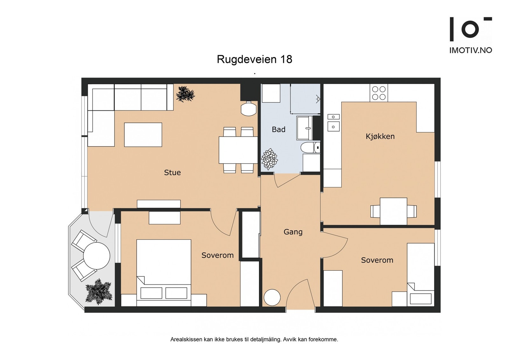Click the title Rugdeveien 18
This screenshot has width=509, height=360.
click(254, 59)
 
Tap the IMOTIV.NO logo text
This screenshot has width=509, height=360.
click(471, 50)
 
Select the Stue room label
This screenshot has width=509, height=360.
click(172, 173)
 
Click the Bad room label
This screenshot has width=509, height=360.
click(279, 129)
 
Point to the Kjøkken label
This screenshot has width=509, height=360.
click(380, 136)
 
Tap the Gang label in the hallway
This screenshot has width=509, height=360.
click(293, 232)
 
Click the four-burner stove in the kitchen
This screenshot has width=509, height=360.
click(379, 93)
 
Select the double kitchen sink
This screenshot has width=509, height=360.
click(333, 123)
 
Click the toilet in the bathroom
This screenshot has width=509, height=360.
click(310, 148)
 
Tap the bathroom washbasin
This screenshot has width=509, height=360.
click(305, 128)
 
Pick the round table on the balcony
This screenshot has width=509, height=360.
click(97, 256)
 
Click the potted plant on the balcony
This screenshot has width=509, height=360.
click(99, 292)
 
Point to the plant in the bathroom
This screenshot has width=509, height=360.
click(269, 159)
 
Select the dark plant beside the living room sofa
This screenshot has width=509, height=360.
click(185, 94)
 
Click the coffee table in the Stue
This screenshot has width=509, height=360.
click(143, 135)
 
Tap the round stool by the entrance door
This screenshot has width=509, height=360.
click(272, 297)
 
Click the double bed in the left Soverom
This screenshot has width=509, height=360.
click(164, 273)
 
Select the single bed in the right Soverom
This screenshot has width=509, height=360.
click(421, 275)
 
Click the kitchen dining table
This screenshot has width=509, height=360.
click(393, 211)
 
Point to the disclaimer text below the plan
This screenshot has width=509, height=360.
click(254, 340)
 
